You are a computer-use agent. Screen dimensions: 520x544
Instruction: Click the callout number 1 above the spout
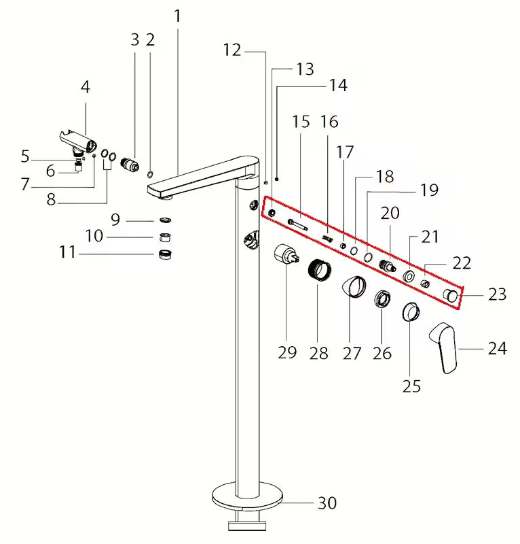tap(177, 16)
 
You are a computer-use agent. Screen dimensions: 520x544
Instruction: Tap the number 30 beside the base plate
tap(327, 503)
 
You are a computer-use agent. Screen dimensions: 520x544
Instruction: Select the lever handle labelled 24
tap(443, 347)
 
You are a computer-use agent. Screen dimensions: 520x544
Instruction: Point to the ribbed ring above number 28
tap(320, 269)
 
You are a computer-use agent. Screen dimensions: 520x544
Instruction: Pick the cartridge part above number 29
tap(286, 254)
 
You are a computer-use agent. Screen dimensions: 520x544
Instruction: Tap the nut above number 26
tap(382, 299)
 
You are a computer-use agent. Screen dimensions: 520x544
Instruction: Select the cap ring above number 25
tap(411, 311)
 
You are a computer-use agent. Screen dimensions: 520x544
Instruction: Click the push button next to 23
tap(451, 295)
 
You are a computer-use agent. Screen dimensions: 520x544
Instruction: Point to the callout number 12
tap(231, 50)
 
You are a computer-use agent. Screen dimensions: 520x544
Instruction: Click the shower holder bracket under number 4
tap(79, 142)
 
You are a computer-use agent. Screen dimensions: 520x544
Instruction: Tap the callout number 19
tap(429, 190)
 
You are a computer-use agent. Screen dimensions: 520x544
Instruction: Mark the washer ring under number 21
tap(409, 276)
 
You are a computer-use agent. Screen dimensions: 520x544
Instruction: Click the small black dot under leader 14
tap(277, 179)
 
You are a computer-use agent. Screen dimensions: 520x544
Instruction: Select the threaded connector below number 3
tap(130, 164)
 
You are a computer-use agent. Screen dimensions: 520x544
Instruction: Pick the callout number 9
tap(115, 219)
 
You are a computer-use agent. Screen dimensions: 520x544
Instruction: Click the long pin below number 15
tap(297, 224)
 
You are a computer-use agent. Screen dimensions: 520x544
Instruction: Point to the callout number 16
tap(329, 122)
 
